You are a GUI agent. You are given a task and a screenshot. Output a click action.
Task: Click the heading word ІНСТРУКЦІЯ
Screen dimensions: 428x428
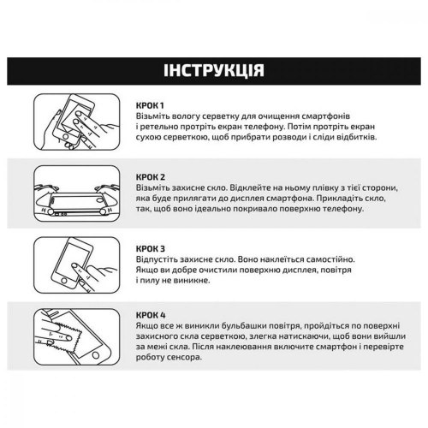coord(214,70)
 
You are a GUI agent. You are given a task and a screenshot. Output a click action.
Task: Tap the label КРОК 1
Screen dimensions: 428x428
coord(150,105)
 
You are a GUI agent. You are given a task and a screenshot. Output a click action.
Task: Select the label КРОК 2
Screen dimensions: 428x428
coord(151,177)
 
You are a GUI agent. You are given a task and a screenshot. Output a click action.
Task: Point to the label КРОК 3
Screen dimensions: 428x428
coord(151,249)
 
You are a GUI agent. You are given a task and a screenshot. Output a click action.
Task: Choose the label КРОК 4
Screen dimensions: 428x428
coord(151,315)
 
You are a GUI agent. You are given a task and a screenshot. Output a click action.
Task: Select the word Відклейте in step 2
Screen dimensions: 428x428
coord(250,188)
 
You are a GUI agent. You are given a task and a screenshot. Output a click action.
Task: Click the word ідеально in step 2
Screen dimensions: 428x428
coord(212,209)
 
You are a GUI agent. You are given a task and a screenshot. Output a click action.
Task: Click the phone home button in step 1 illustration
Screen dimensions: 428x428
coord(66,137)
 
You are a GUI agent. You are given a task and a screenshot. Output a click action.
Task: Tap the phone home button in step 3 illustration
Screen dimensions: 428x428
coord(64,282)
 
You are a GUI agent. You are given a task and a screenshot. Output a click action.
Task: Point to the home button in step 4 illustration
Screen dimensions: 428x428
coord(96,355)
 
